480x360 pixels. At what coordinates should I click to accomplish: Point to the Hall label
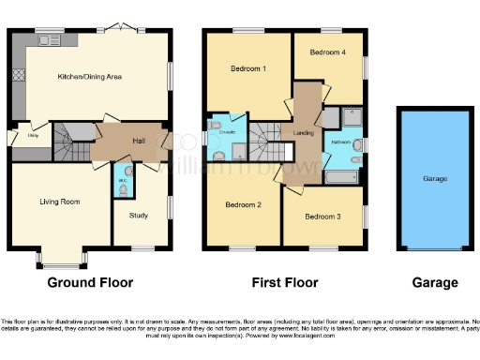tap(138, 141)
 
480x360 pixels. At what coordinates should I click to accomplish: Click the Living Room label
tap(58, 202)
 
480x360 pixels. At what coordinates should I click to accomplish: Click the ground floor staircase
tap(67, 143)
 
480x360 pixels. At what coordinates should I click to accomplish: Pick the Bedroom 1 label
tap(248, 68)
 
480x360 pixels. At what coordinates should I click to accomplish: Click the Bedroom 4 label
tap(330, 52)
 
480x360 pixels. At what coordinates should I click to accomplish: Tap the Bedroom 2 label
tap(242, 203)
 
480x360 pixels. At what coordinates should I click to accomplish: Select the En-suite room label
tap(226, 133)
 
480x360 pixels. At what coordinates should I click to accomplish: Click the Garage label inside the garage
tap(434, 178)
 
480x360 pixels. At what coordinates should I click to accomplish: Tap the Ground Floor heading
tap(90, 282)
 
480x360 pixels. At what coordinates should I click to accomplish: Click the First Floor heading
tap(285, 282)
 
